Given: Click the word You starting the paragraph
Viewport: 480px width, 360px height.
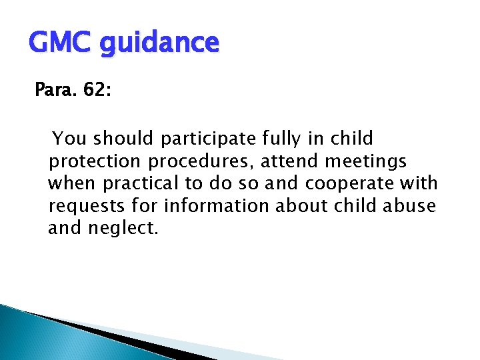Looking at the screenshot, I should (x=69, y=139).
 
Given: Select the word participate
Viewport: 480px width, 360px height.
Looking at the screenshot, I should (x=209, y=139).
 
